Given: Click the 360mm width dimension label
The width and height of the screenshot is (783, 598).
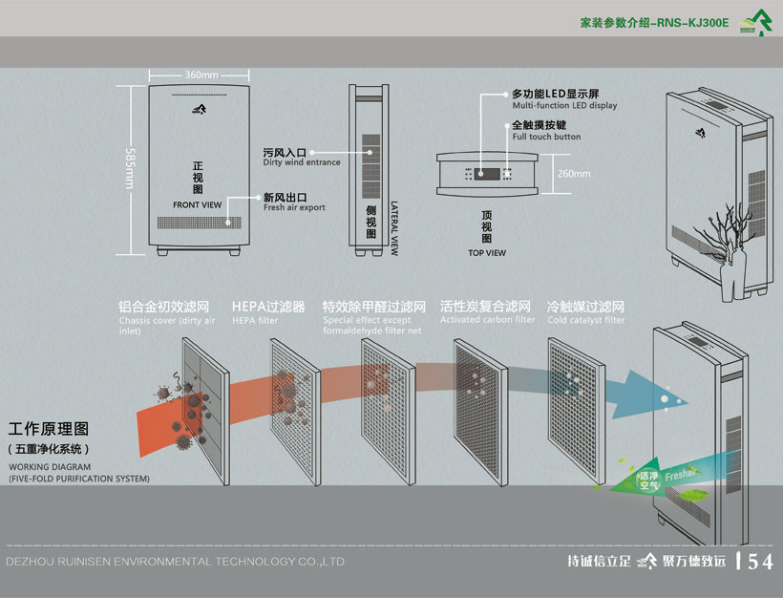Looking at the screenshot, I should pos(201,75).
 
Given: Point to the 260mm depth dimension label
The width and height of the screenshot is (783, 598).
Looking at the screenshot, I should pos(574,173).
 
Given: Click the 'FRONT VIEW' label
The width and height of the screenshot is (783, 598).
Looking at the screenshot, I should pos(198,205).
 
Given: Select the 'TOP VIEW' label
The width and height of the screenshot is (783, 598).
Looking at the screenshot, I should pos(487,253).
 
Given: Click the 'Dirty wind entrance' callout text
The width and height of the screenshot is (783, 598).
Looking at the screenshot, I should pos(302,163).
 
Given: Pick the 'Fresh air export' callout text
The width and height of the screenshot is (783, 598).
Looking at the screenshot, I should pos(294,207).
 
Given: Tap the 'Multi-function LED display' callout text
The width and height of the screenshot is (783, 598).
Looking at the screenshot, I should pos(564,106).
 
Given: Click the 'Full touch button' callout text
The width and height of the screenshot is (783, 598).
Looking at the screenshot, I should pos(546,137).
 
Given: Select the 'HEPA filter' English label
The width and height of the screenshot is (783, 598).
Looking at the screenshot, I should pos(255,321).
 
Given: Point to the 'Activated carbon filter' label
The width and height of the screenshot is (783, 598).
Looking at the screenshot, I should pos(487,320).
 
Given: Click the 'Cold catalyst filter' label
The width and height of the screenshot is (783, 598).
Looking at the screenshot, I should pos(585,320).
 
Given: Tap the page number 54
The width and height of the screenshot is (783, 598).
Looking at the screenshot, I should pos(759,562).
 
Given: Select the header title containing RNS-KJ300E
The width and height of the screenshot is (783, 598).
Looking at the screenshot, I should pos(654,21).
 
